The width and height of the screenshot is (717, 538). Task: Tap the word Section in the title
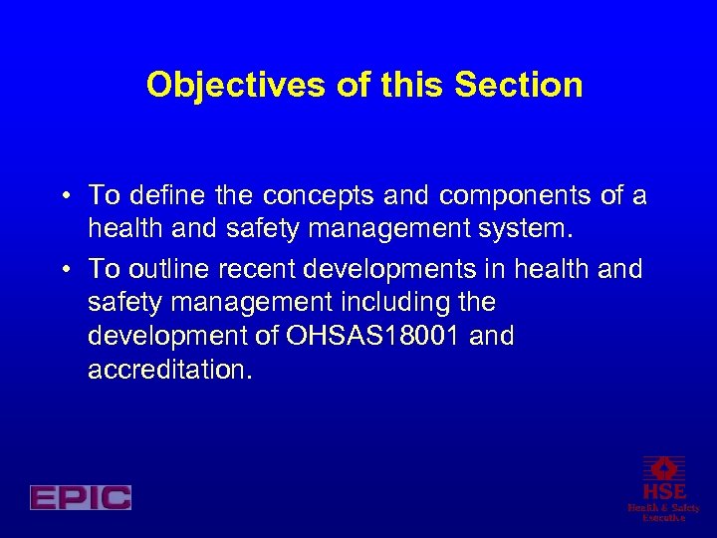519,86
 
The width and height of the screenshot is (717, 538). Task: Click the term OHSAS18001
372,336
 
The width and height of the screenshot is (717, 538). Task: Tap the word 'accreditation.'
170,370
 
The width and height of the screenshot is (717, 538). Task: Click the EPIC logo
81,497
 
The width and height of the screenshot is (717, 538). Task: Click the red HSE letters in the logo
663,492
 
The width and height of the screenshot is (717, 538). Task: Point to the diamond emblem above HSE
663,468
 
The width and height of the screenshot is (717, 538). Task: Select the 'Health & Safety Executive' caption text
663,512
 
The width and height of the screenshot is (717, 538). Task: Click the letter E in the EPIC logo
43,497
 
